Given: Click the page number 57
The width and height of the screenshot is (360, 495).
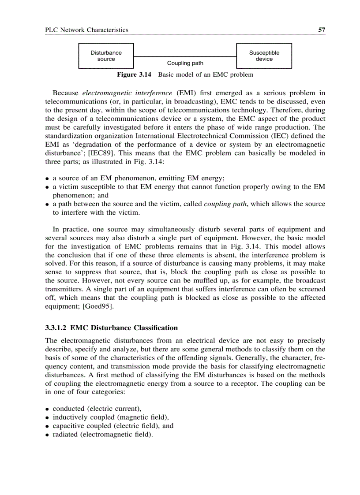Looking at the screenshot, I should tap(322, 30).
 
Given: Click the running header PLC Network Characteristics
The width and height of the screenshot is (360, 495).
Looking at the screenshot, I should tap(87, 30).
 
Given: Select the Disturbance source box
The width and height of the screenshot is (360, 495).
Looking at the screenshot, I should tap(106, 56).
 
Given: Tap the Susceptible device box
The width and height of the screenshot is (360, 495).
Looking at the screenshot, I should tap(264, 56).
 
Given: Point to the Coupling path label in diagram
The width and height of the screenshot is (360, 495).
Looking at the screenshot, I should tap(185, 63).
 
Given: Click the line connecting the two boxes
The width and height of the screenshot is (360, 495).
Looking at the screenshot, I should tap(185, 56).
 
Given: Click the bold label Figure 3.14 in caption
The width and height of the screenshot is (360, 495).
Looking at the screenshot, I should tap(134, 74).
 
